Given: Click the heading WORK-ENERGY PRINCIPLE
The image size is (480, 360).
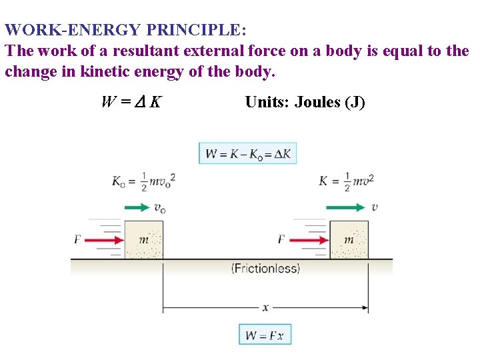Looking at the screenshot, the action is pos(125,31).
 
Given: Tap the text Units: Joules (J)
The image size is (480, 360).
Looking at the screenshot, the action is pos(305,102).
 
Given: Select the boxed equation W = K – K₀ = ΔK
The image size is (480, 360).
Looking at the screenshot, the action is pos(247,153).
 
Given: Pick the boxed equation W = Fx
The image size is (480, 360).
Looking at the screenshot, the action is pos(265,335).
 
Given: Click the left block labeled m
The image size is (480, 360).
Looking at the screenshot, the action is pos(143,239).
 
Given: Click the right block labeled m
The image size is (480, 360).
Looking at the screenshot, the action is pos(349,239).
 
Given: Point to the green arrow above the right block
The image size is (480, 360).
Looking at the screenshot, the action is pos(345,208).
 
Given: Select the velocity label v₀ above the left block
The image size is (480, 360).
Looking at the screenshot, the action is pos(160,208).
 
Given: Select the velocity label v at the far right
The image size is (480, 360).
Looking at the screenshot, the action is pos(375,207).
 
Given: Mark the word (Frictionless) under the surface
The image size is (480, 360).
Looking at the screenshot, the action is pos(265,269).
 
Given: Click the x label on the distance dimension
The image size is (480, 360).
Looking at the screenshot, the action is pos(265,307).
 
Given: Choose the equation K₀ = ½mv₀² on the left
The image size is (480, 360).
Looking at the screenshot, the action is pos(143,181).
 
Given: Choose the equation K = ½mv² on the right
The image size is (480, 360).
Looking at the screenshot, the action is pos(346,181).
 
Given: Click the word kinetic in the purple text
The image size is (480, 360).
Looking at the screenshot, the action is pos(112,71).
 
